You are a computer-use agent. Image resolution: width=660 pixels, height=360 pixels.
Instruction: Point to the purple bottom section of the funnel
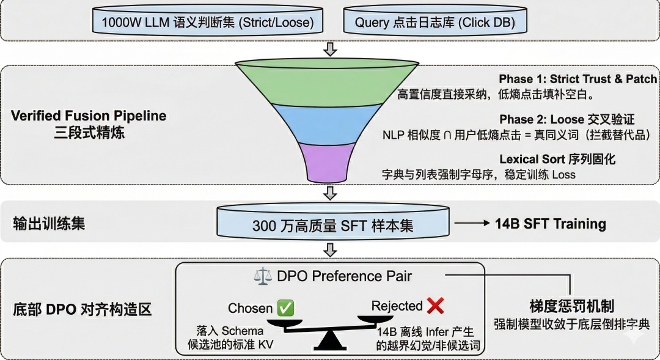click(330, 162)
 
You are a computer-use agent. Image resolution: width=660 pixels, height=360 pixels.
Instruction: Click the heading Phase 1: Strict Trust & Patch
click(577, 79)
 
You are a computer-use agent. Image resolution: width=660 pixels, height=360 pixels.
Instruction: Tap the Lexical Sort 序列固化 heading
click(557, 159)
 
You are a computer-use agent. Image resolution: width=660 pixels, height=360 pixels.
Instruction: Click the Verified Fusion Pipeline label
click(89, 116)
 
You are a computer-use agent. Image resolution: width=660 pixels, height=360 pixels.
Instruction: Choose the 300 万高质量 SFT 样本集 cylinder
click(332, 224)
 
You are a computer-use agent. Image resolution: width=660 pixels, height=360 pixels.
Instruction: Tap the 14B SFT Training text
click(550, 224)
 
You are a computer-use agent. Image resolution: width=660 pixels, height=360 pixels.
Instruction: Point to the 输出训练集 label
click(50, 223)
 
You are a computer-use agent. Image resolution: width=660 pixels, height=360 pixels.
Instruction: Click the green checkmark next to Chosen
click(285, 308)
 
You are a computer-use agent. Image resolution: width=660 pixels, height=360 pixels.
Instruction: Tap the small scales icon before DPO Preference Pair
click(262, 276)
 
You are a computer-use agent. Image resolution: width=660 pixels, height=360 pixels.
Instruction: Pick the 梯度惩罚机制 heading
click(571, 306)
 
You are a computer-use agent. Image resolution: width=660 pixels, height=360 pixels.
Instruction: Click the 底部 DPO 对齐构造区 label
click(82, 309)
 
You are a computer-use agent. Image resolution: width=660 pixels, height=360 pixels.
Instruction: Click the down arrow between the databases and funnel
click(330, 49)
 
